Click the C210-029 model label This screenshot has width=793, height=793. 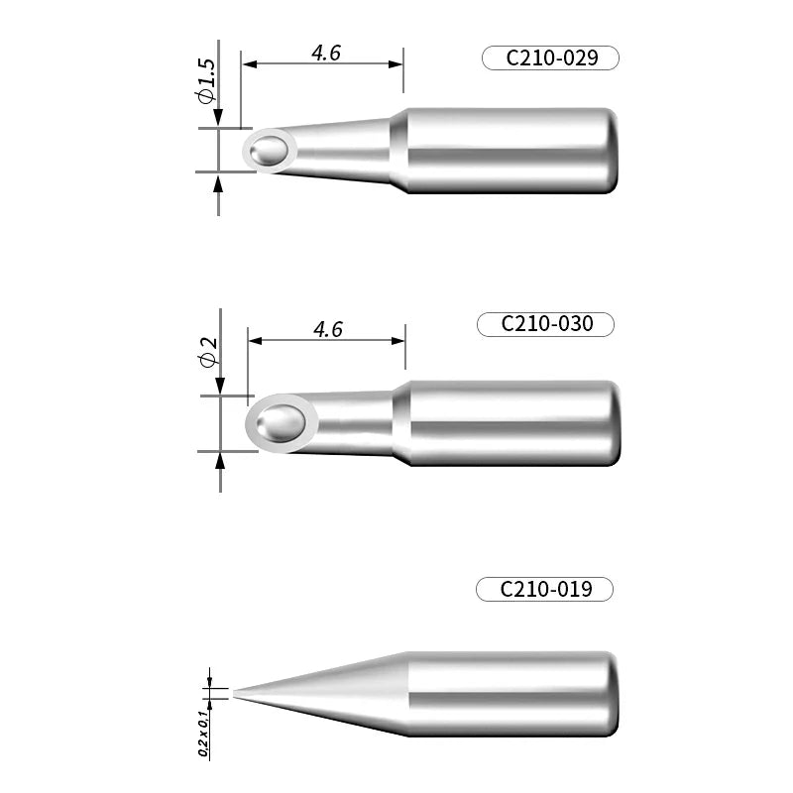(x=551, y=58)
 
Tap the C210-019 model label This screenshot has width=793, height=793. (x=545, y=590)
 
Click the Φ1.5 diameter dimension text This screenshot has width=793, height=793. (x=205, y=80)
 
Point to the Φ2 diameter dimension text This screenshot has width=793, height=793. (x=208, y=353)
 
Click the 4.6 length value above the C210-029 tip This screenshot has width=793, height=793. (x=326, y=54)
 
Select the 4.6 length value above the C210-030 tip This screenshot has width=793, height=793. (x=327, y=329)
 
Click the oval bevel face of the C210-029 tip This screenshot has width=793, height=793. (x=271, y=150)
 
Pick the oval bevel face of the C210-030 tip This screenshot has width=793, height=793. (x=282, y=424)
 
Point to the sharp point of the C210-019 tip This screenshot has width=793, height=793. (x=236, y=693)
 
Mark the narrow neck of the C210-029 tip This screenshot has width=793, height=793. (x=342, y=151)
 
